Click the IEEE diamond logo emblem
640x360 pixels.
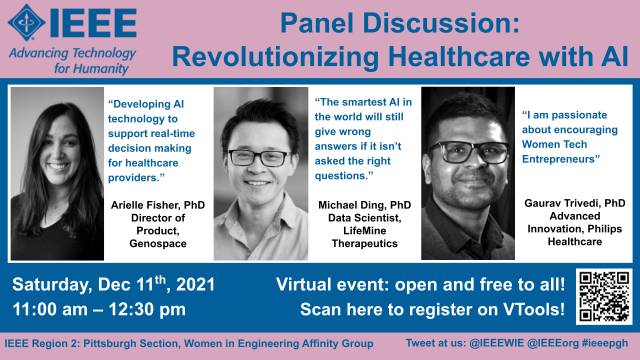tap(27, 22)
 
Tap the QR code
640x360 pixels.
tap(604, 296)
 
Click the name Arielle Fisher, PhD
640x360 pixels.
tap(158, 205)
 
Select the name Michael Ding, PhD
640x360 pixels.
tap(364, 205)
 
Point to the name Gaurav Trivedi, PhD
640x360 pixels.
tap(575, 203)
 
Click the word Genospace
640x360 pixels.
tap(158, 244)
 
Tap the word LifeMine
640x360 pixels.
tap(364, 231)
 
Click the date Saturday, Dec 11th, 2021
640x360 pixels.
tap(113, 284)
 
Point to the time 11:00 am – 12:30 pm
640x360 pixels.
tap(99, 309)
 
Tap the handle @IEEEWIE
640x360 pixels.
tap(496, 343)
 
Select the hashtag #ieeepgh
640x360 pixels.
tap(605, 343)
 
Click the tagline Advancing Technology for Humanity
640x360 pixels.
tap(73, 60)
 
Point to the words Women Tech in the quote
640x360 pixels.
tap(554, 144)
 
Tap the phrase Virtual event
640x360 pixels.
tap(331, 284)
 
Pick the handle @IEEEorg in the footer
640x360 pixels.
tap(553, 343)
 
